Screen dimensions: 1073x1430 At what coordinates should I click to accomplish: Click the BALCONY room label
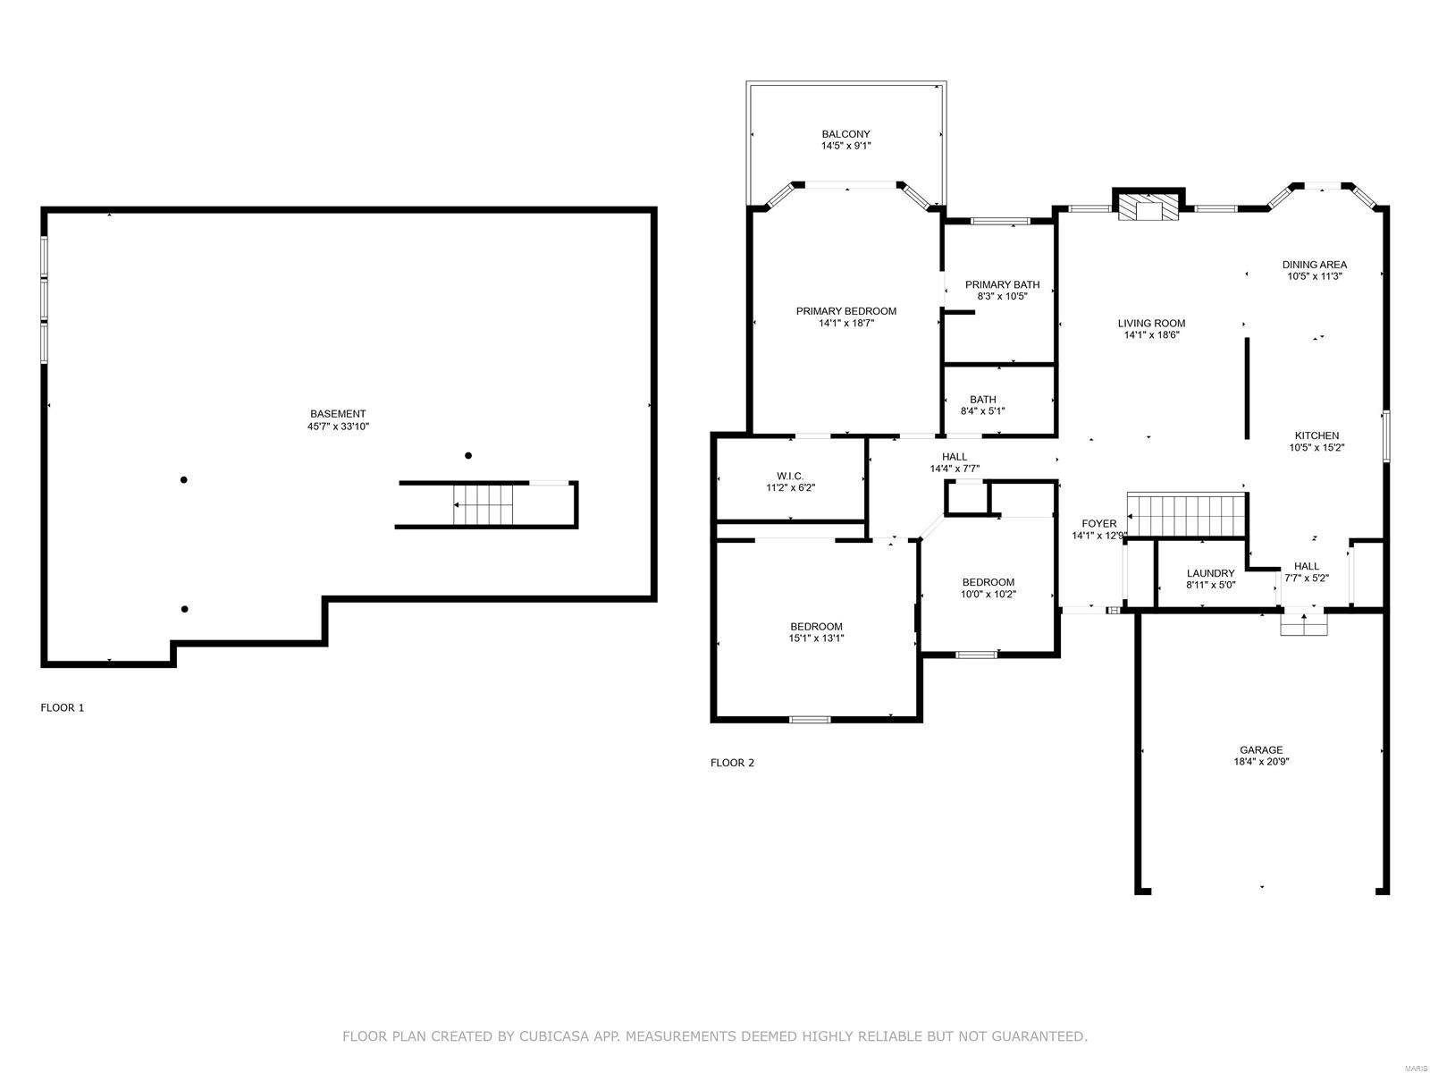pyautogui.click(x=845, y=134)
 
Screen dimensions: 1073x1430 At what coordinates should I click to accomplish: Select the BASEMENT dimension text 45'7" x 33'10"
pyautogui.click(x=338, y=427)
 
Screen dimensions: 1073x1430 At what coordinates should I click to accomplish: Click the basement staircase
pyautogui.click(x=484, y=505)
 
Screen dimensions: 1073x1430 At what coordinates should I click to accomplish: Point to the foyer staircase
pyautogui.click(x=1186, y=516)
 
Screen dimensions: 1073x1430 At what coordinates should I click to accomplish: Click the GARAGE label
pyautogui.click(x=1261, y=750)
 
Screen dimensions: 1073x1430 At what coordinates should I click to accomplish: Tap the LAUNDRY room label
pyautogui.click(x=1210, y=573)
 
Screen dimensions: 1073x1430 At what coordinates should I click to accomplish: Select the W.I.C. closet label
pyautogui.click(x=790, y=476)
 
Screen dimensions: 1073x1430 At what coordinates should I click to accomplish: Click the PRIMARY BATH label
pyautogui.click(x=1002, y=284)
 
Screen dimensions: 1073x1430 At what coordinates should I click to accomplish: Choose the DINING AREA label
pyautogui.click(x=1314, y=265)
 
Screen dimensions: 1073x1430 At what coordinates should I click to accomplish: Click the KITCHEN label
pyautogui.click(x=1316, y=435)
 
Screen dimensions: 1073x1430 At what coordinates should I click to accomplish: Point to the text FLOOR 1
pyautogui.click(x=63, y=707)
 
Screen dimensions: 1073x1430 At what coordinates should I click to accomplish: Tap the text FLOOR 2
pyautogui.click(x=732, y=763)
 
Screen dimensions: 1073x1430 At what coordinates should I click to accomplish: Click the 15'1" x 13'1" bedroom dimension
pyautogui.click(x=816, y=638)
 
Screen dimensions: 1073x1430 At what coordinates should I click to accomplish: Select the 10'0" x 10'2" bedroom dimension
pyautogui.click(x=988, y=594)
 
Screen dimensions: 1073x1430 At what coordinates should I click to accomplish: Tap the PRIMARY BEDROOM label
pyautogui.click(x=845, y=311)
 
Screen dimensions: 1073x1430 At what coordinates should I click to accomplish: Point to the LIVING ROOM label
pyautogui.click(x=1151, y=324)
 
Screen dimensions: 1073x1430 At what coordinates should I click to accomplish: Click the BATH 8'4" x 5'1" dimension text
pyautogui.click(x=982, y=411)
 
